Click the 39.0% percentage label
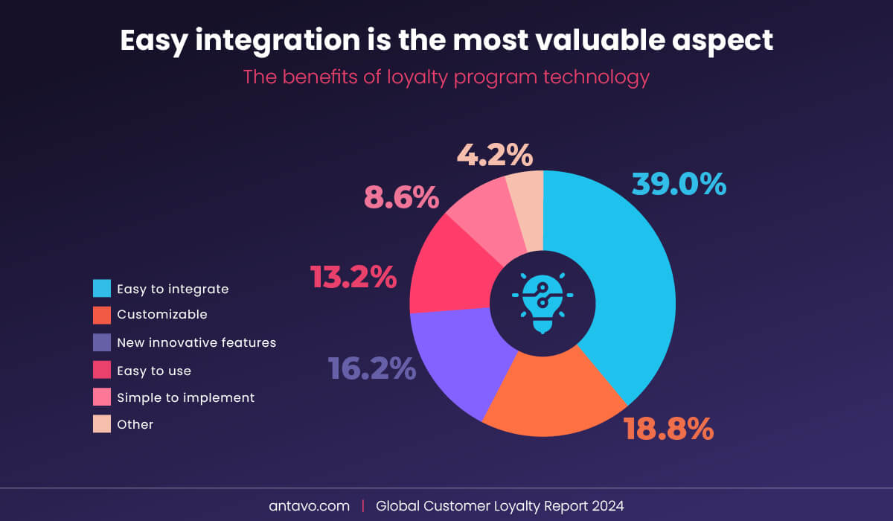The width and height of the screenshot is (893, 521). (x=679, y=184)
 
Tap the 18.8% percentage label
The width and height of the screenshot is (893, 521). (x=668, y=429)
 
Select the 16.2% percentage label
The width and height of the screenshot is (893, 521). (x=372, y=368)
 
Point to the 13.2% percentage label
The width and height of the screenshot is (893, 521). (x=353, y=277)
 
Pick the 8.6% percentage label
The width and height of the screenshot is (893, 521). (x=401, y=197)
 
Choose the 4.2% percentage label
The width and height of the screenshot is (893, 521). (x=495, y=156)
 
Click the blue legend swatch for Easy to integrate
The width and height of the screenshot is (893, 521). (x=102, y=289)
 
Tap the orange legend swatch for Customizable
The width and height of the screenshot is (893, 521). (x=102, y=316)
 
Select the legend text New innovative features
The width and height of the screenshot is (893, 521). (x=196, y=343)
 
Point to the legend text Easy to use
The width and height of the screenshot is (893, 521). (x=154, y=371)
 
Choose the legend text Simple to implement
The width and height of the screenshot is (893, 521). (x=185, y=397)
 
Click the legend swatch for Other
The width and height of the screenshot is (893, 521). (x=102, y=424)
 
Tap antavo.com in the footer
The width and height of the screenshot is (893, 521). (x=309, y=506)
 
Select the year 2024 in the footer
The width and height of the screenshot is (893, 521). (x=606, y=506)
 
